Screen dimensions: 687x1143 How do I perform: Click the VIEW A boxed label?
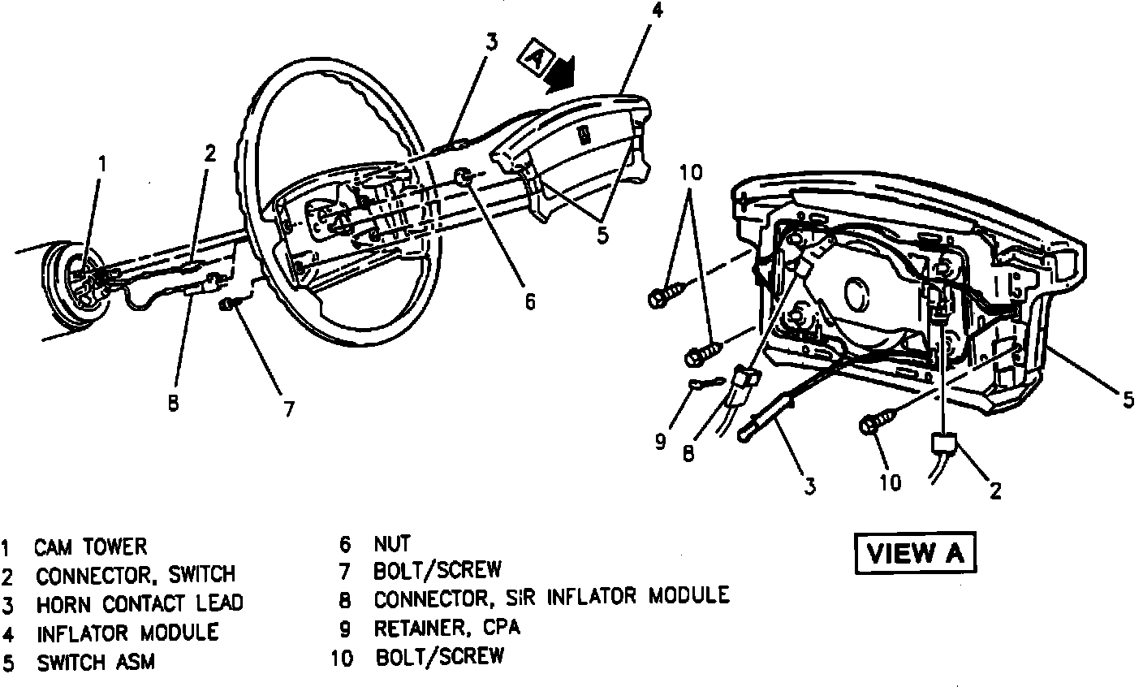(914, 554)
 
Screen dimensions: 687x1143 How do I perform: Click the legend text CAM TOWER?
(91, 547)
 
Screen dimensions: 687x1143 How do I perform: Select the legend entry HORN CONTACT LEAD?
(139, 603)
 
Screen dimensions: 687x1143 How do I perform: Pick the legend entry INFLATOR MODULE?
(127, 632)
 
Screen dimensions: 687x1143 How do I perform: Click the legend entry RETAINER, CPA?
(446, 628)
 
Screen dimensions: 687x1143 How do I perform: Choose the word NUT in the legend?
(392, 542)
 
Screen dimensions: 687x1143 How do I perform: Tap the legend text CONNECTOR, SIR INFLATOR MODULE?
(551, 597)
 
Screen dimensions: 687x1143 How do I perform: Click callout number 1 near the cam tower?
(102, 163)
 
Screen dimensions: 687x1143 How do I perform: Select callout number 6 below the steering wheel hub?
(528, 301)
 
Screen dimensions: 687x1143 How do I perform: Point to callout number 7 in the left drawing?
(288, 408)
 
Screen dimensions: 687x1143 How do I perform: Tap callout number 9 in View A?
(660, 441)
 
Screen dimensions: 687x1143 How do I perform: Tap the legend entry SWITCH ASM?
(96, 662)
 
